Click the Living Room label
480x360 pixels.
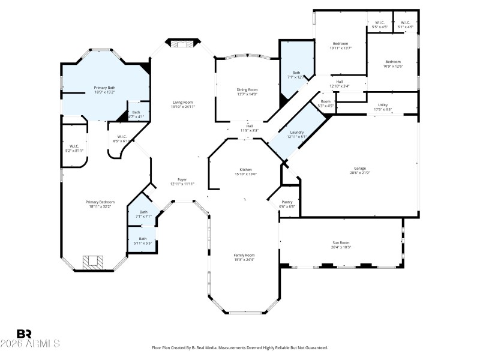183,102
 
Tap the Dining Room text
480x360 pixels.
247,89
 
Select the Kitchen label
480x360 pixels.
245,170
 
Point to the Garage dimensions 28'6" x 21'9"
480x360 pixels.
359,173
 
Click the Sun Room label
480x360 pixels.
340,242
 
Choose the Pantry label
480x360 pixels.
287,202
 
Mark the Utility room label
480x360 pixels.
382,105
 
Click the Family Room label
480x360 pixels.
244,255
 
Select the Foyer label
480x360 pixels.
182,179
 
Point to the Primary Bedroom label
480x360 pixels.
100,202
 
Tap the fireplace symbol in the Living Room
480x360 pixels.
182,44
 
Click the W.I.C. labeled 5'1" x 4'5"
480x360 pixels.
406,25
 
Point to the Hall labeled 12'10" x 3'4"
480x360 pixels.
339,83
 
